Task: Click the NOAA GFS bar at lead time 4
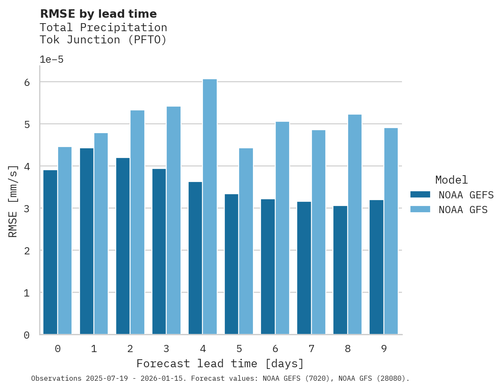point(210,206)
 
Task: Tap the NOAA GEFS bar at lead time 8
point(340,270)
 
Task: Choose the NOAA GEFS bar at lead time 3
point(159,251)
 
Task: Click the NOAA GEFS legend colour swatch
point(420,195)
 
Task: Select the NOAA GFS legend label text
point(463,210)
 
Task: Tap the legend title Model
point(451,180)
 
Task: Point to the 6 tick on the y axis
point(27,82)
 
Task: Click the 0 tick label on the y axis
point(27,335)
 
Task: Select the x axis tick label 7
point(311,349)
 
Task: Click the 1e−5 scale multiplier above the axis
point(51,60)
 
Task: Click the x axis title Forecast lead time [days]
point(220,363)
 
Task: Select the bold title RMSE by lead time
point(98,14)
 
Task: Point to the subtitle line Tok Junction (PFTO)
point(103,40)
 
